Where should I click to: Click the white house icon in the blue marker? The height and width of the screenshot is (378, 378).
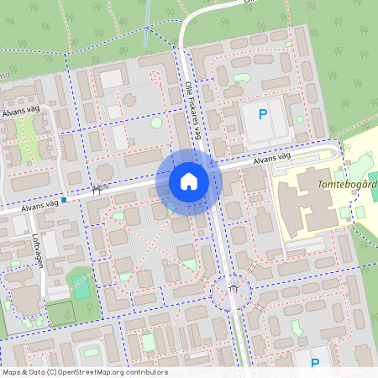coord(189,181)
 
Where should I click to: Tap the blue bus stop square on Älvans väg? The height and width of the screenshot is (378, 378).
coord(63,201)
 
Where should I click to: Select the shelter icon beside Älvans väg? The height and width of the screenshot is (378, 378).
coord(96,190)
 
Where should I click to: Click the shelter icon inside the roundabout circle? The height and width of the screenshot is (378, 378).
coord(233,289)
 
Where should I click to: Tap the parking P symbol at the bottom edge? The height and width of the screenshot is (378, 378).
coord(315,363)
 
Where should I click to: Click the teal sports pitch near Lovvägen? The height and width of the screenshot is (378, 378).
coord(81,286)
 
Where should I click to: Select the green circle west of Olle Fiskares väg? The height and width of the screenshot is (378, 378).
coord(156,123)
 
